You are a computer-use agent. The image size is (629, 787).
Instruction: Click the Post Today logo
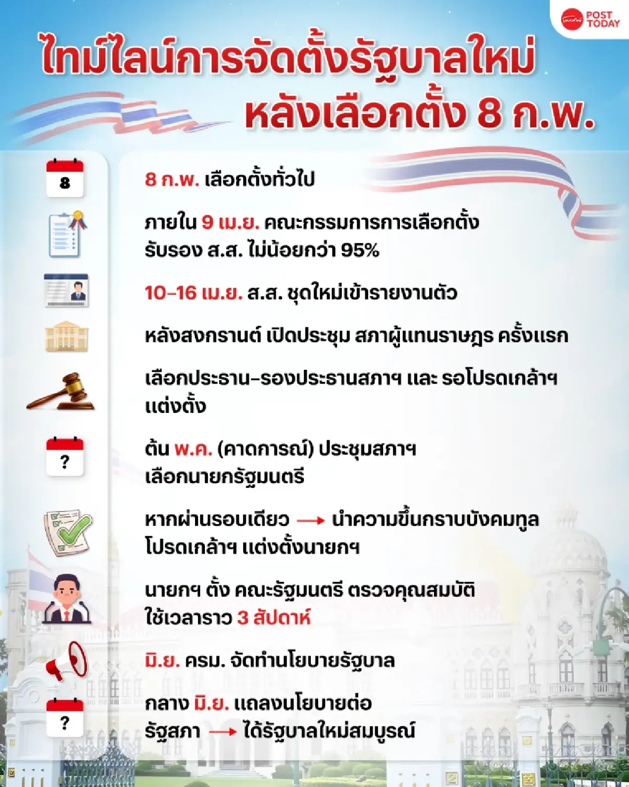tap(590, 20)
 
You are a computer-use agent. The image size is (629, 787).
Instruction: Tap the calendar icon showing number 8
tap(65, 178)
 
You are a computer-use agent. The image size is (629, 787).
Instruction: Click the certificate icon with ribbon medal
tap(67, 235)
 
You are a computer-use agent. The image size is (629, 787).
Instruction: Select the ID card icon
tap(67, 290)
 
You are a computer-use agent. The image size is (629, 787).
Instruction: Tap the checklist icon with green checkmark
tap(67, 532)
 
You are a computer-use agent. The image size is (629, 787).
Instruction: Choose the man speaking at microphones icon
tap(67, 600)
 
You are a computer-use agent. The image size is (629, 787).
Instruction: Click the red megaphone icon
tap(68, 661)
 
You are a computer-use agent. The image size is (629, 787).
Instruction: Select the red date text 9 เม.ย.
tap(231, 223)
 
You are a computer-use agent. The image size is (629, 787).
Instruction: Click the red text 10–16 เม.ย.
tap(193, 293)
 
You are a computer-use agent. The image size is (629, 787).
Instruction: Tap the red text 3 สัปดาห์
tap(274, 618)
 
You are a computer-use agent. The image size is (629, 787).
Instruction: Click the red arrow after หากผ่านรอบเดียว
tap(311, 520)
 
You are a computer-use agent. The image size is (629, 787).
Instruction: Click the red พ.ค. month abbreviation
tap(193, 449)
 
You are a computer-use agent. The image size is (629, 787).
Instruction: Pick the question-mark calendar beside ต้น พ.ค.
tap(65, 456)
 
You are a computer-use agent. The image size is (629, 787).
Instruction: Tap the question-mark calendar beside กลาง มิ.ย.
tap(65, 718)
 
